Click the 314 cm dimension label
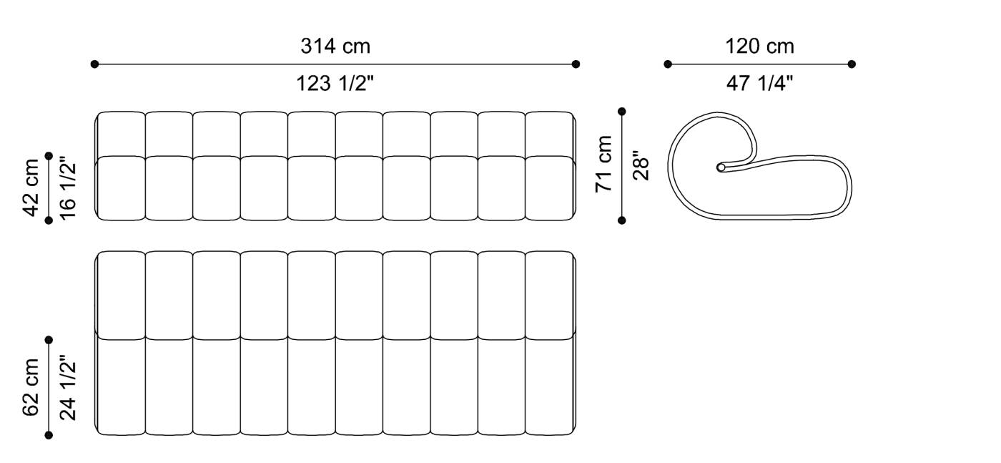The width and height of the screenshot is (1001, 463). click(x=335, y=47)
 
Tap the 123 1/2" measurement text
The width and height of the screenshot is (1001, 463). click(x=335, y=84)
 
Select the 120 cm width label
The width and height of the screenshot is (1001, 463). click(x=759, y=47)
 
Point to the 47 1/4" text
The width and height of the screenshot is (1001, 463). click(x=759, y=84)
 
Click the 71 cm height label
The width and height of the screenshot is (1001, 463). click(x=605, y=163)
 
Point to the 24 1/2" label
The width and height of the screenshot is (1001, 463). click(x=67, y=387)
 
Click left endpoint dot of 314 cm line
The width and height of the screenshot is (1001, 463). click(x=94, y=64)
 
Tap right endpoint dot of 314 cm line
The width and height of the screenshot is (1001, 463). click(x=576, y=64)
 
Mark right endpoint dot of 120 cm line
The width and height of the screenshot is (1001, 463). click(x=852, y=64)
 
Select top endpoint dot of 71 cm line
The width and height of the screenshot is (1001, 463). click(x=622, y=111)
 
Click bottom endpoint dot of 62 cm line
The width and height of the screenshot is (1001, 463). click(x=49, y=434)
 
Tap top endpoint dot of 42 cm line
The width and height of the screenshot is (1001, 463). click(x=49, y=155)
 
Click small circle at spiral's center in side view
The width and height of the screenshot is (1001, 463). click(x=721, y=167)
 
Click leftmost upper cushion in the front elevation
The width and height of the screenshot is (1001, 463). click(x=121, y=133)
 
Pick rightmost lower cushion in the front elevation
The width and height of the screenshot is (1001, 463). click(x=549, y=187)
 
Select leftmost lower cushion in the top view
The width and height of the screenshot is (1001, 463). click(x=121, y=386)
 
